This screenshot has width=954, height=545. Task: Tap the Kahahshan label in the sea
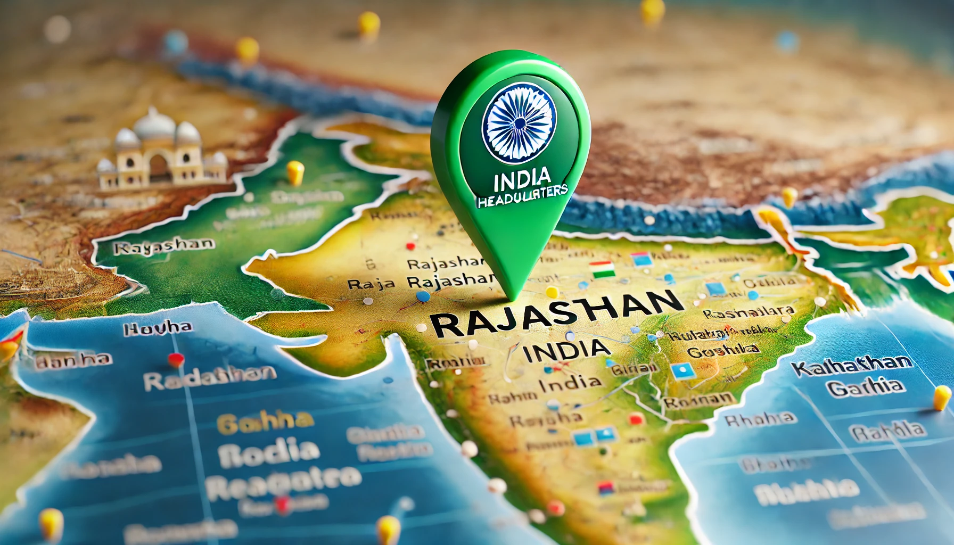point(851,366)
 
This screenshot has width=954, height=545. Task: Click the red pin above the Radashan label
point(176,360)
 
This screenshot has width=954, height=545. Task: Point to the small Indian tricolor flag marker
point(602,269)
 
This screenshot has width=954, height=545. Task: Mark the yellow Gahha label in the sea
point(265,422)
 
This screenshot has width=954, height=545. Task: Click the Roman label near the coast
point(698,400)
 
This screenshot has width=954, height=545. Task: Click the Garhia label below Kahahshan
point(866,387)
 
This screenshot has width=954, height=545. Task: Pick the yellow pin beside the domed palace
point(295,172)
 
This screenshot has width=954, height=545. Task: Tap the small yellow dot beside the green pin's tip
point(552,292)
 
